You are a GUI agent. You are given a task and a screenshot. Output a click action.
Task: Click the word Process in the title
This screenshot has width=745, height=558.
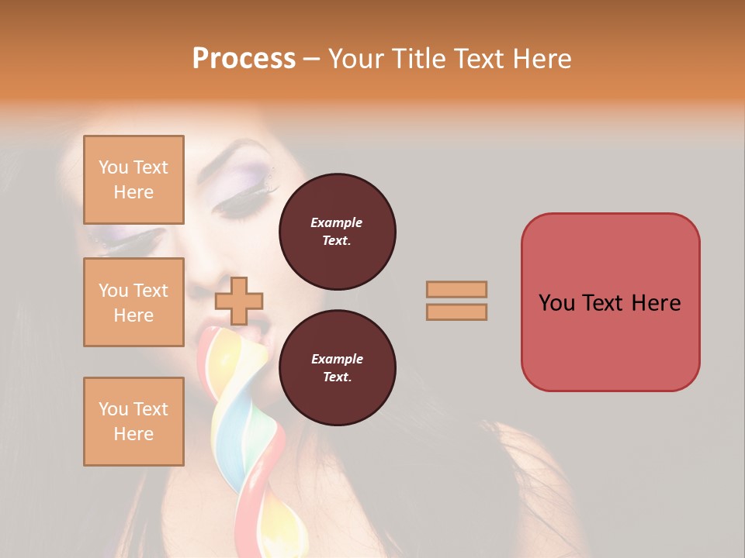244,59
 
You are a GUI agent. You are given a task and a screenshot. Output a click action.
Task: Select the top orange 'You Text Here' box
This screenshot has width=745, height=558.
133,180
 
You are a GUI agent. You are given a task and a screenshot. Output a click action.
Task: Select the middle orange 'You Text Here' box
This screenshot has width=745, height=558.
133,302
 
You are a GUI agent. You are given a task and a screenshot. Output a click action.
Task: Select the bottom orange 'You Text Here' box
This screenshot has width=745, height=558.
133,422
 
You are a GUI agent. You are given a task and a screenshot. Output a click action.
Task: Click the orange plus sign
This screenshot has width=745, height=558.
239,301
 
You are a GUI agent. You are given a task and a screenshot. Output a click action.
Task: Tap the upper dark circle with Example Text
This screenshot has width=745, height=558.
337,232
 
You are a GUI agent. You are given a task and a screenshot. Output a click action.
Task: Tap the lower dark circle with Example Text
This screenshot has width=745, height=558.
337,368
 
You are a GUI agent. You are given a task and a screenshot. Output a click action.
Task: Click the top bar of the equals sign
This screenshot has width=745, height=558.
456,289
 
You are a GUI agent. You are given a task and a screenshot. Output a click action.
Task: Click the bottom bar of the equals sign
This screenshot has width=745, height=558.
456,312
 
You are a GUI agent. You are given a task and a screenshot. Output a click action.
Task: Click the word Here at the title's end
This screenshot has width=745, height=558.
540,59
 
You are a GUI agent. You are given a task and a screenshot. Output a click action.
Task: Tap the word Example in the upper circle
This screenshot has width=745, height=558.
337,222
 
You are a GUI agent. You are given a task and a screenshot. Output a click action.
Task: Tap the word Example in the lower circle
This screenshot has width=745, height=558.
337,359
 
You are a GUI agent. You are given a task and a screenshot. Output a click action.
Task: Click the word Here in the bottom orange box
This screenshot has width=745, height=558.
133,434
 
